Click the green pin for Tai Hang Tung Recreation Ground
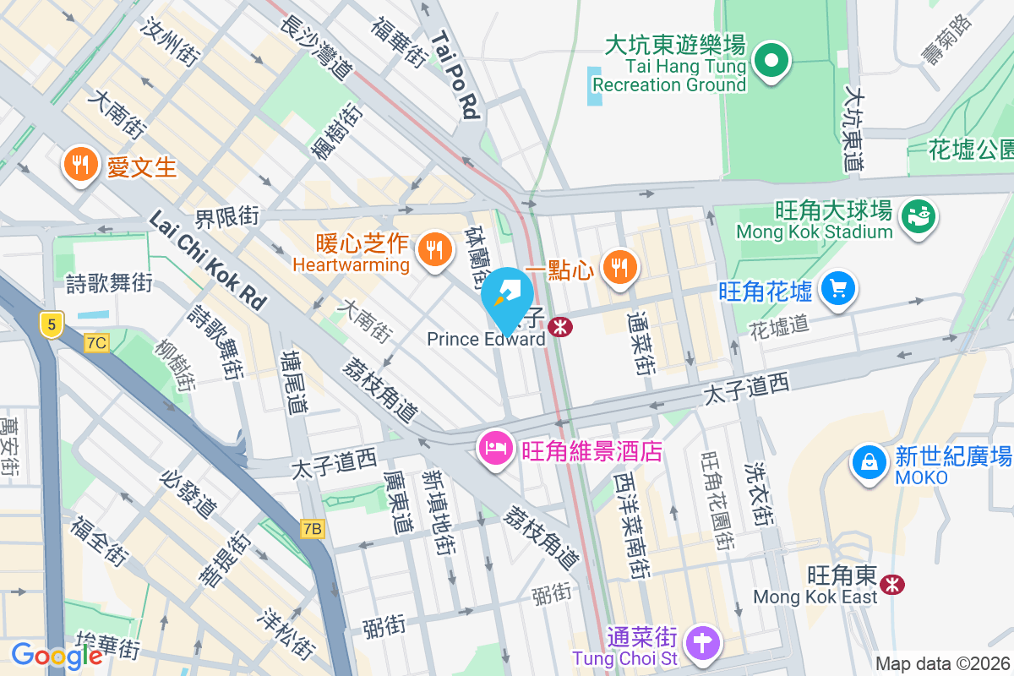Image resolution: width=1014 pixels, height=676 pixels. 771,61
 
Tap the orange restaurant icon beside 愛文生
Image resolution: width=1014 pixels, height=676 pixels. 80,165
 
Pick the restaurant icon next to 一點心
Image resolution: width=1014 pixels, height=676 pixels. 621,268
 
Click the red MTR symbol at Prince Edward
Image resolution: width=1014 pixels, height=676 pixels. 559,327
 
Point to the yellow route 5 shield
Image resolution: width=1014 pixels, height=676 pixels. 52,324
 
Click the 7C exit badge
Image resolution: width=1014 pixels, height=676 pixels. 97,342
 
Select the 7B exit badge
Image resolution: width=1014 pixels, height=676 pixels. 312,529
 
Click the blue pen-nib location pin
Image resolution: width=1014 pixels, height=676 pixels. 506,296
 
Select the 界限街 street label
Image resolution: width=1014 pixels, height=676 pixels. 226,216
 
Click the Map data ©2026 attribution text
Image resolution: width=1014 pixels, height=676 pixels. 942,663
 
